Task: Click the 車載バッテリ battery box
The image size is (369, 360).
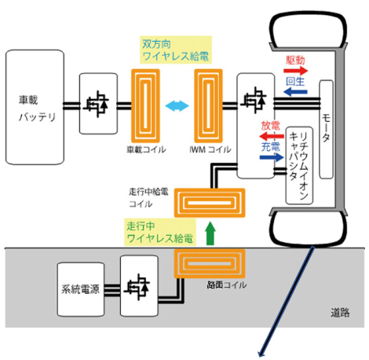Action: (x=35, y=107)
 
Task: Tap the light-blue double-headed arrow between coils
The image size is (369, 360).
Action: (x=177, y=106)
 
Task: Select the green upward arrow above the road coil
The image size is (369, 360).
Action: (x=210, y=233)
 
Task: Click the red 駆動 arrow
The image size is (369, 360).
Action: (x=296, y=71)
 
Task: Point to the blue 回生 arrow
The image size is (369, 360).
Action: (x=295, y=92)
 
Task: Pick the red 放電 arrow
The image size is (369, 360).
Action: (x=272, y=136)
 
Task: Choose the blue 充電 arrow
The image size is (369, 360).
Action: (x=272, y=157)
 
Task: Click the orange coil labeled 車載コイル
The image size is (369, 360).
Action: (x=145, y=106)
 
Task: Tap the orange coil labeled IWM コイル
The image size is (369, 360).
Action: (x=208, y=106)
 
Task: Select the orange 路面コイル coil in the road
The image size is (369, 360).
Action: (x=210, y=263)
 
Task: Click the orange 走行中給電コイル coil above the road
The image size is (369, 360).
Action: (x=210, y=203)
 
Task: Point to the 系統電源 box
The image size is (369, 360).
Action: (x=81, y=289)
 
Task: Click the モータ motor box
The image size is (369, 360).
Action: (x=326, y=130)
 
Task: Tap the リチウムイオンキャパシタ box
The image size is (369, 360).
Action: (x=299, y=166)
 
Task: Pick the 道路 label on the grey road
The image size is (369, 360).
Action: (x=340, y=313)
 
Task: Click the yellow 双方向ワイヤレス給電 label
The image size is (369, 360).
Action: (x=176, y=50)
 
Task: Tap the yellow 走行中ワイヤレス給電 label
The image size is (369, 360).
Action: (x=160, y=232)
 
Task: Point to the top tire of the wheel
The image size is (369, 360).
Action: (x=309, y=30)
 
